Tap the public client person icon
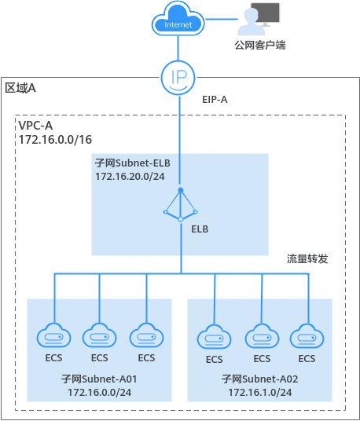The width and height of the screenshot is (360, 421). (260, 19)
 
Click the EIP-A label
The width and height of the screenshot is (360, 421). (215, 101)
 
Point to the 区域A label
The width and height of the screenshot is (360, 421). (21, 88)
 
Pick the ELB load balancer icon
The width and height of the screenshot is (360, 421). (180, 206)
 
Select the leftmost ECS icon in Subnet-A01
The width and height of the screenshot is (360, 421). (54, 336)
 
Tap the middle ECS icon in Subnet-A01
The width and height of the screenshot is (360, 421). (100, 336)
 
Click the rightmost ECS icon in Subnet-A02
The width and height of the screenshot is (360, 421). (306, 337)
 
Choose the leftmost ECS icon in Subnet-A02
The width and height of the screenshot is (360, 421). (214, 338)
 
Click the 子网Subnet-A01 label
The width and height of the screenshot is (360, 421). (99, 378)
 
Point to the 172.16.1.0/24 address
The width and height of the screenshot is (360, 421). (260, 391)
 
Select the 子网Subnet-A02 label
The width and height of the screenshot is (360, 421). (260, 378)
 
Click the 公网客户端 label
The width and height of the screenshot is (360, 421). (259, 46)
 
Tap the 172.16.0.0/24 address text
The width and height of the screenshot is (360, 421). (99, 391)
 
